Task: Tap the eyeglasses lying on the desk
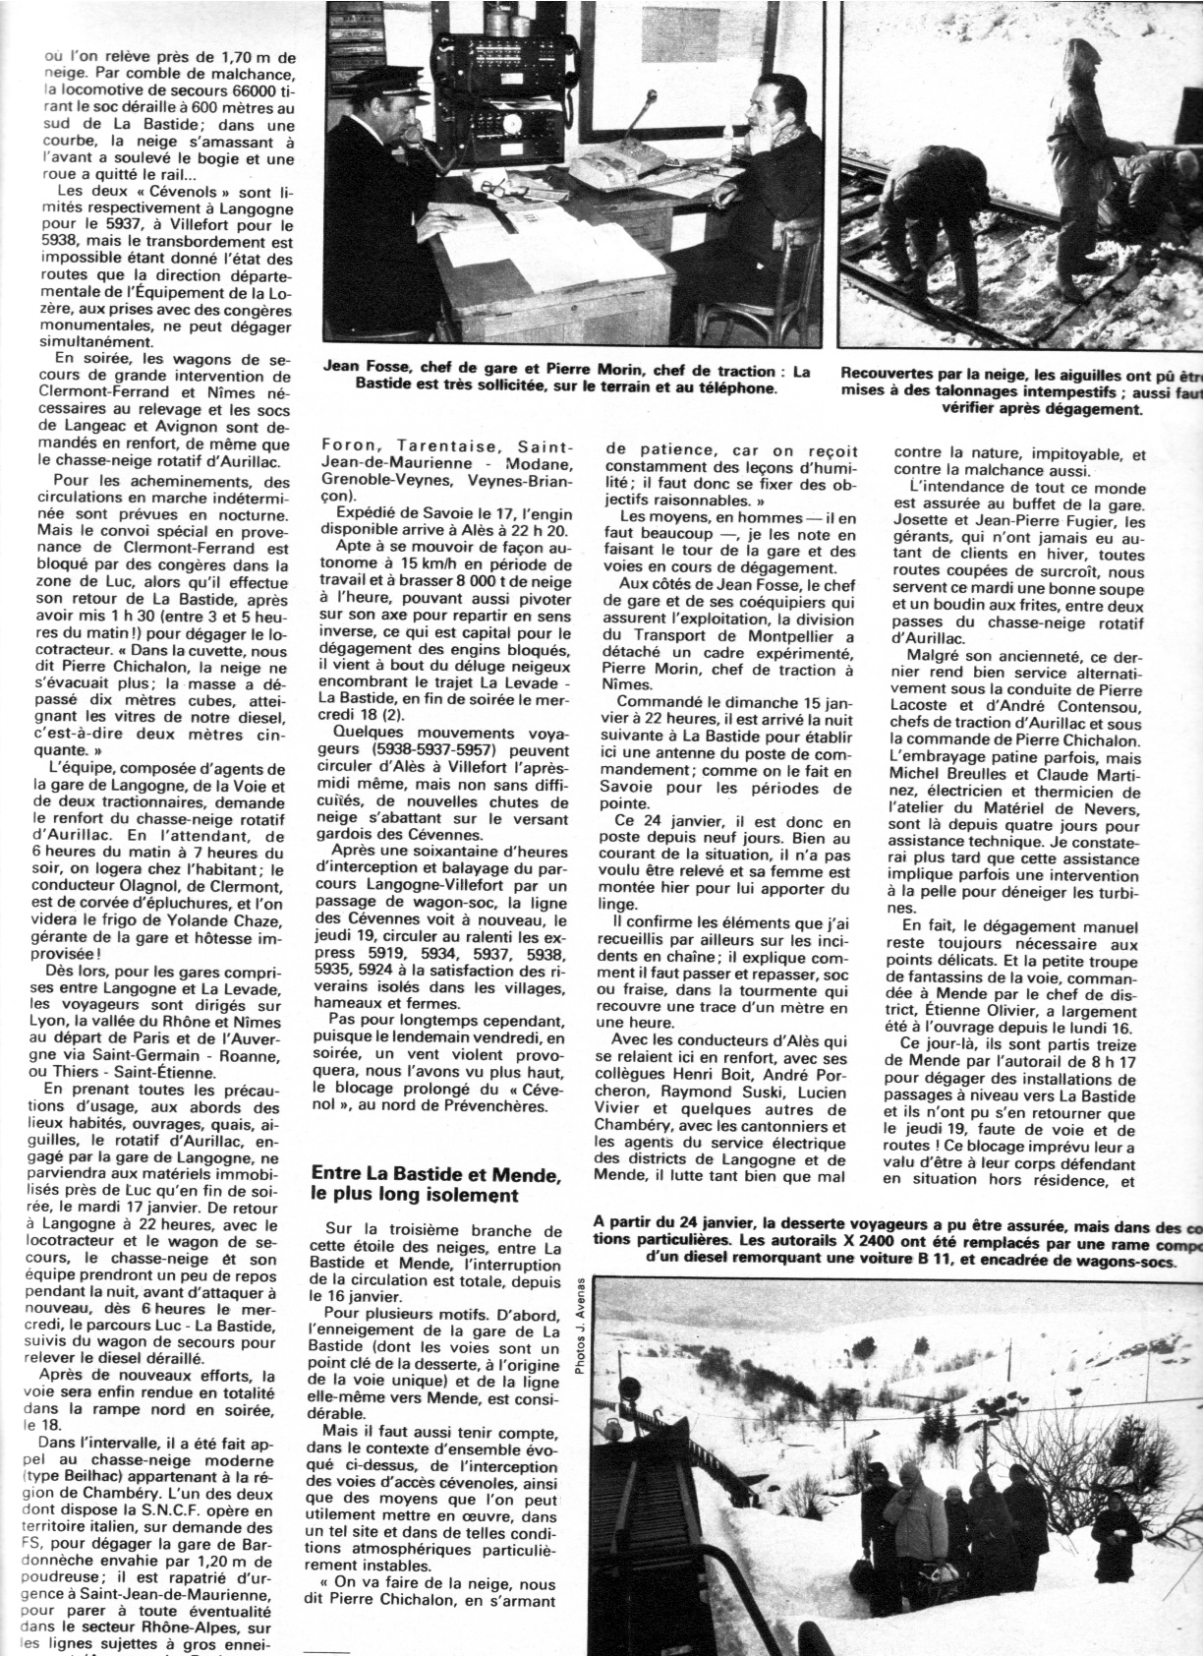click(x=497, y=184)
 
